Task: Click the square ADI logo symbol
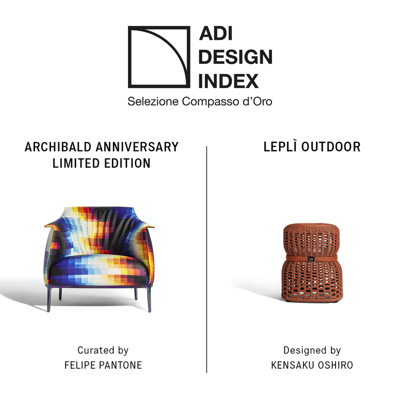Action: pyautogui.click(x=159, y=57)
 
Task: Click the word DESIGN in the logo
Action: pyautogui.click(x=235, y=57)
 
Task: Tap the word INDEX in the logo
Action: pyautogui.click(x=228, y=81)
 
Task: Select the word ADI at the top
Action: pyautogui.click(x=216, y=34)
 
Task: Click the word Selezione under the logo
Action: pyautogui.click(x=153, y=102)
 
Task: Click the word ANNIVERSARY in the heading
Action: pyautogui.click(x=137, y=147)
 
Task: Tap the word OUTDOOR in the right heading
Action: pyautogui.click(x=331, y=147)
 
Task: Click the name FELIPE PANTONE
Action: pyautogui.click(x=103, y=365)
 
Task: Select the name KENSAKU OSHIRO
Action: pyautogui.click(x=312, y=365)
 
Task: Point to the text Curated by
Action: pyautogui.click(x=103, y=350)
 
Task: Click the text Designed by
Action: pyautogui.click(x=312, y=350)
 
